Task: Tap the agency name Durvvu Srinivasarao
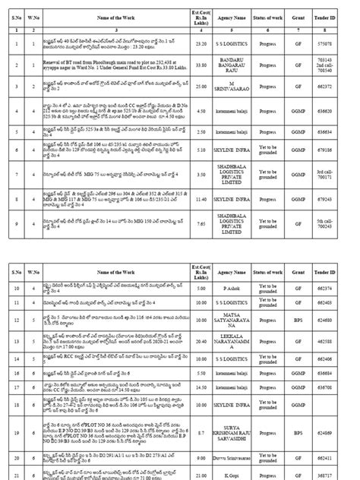coord(230,459)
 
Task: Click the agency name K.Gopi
coord(230,473)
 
